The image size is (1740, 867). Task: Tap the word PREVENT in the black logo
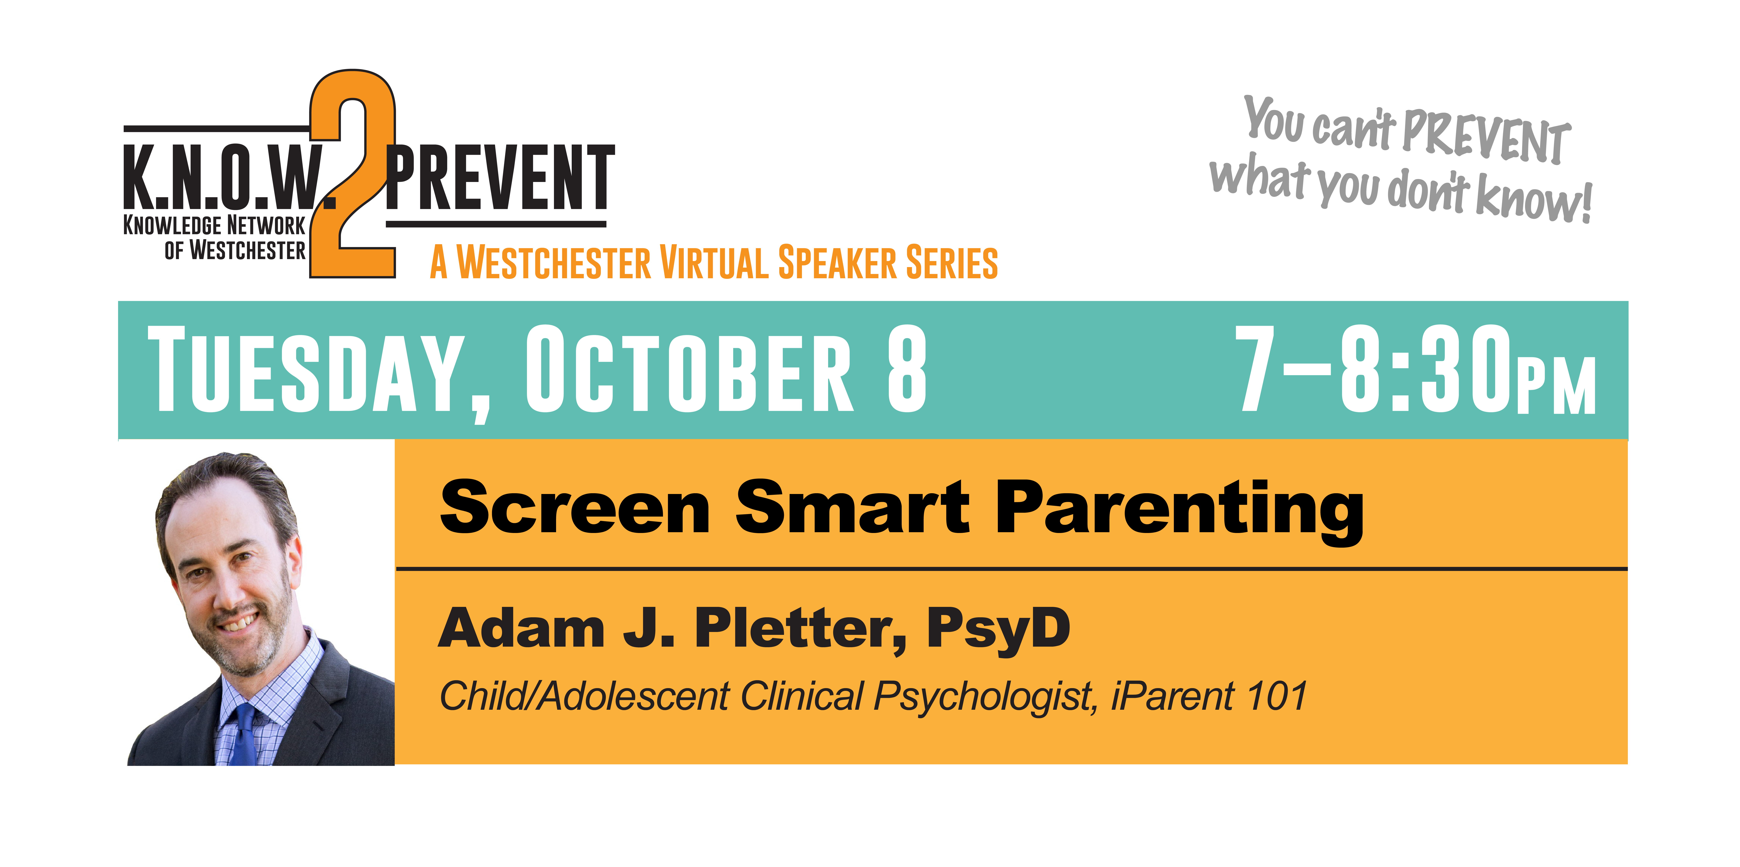point(500,178)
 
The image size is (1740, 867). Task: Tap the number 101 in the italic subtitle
point(1277,696)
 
